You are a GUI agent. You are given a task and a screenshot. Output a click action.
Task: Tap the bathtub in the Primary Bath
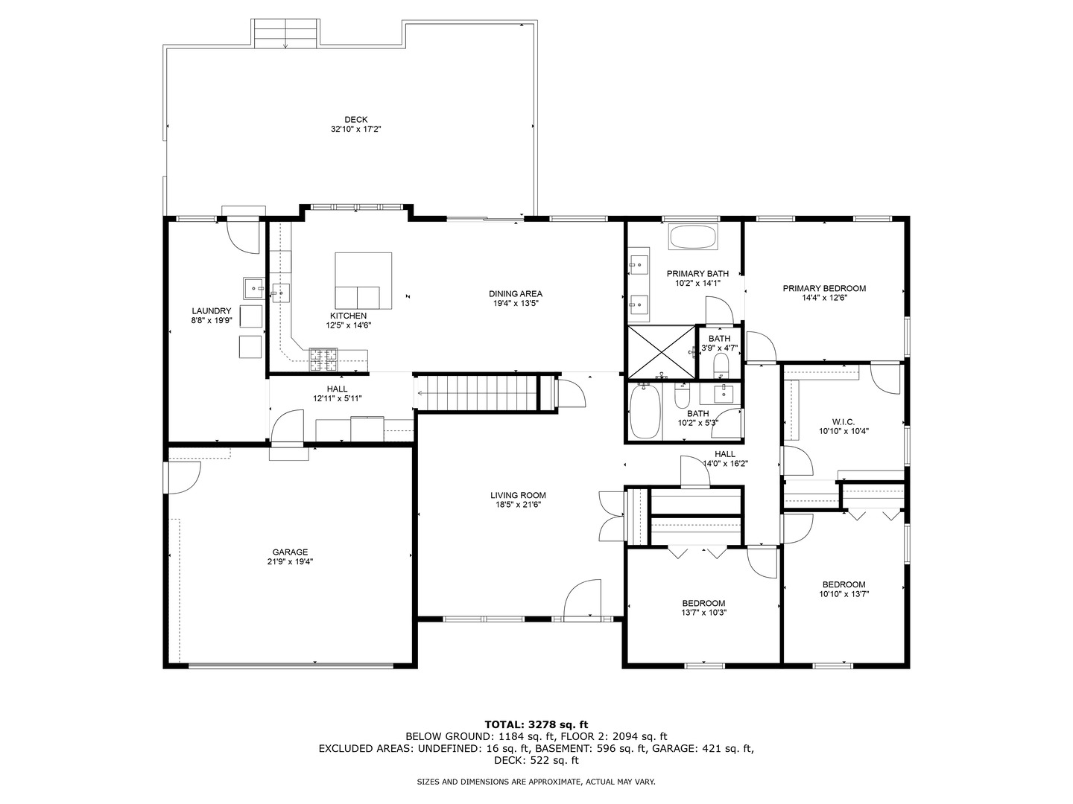[x=692, y=238]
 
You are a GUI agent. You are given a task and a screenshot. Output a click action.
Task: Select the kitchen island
[x=363, y=281]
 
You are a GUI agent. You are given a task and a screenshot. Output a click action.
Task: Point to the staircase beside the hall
[x=477, y=392]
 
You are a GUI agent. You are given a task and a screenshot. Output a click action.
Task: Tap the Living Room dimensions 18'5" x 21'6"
[x=518, y=505]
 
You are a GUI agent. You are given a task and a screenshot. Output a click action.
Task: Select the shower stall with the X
[x=660, y=351]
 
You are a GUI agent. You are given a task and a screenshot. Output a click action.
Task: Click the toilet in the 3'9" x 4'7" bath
[x=721, y=364]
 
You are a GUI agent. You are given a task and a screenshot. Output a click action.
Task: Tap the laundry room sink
[x=254, y=287]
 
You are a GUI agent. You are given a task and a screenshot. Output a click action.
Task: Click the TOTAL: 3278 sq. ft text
[x=536, y=724]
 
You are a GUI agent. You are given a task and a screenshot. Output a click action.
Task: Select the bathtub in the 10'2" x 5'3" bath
[x=645, y=412]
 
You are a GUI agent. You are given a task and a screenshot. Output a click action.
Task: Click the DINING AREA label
[x=515, y=293]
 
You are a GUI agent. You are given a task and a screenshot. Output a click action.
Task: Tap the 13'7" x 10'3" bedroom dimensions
[x=703, y=613]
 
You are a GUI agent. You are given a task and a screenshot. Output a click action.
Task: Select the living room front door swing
[x=583, y=599]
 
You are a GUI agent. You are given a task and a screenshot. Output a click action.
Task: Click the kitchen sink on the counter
[x=280, y=292]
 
